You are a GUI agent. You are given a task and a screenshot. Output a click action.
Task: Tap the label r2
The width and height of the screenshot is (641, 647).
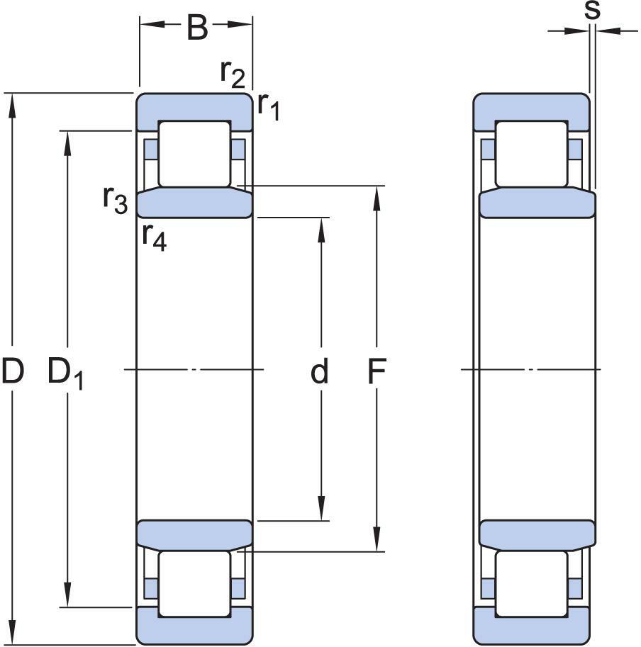pos(232,72)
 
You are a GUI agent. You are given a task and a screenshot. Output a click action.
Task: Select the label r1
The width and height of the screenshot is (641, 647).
pos(269,106)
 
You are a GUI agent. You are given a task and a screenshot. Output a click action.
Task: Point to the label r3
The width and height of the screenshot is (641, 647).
pos(115,200)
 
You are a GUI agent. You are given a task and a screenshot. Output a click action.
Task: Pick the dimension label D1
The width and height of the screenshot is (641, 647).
pos(65,372)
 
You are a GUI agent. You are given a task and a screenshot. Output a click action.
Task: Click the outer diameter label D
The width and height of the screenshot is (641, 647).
pos(13,371)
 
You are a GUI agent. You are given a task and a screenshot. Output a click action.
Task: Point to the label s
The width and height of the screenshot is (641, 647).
pos(592,11)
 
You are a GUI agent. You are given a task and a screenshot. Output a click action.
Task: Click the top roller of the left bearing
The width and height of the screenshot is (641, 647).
pos(195,154)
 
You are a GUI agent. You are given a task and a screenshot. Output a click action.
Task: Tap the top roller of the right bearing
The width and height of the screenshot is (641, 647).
pos(532,154)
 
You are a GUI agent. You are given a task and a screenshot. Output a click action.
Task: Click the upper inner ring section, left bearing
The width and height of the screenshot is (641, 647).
pos(195,204)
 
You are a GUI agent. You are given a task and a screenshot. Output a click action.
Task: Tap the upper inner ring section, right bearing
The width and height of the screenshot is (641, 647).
pos(537,204)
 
